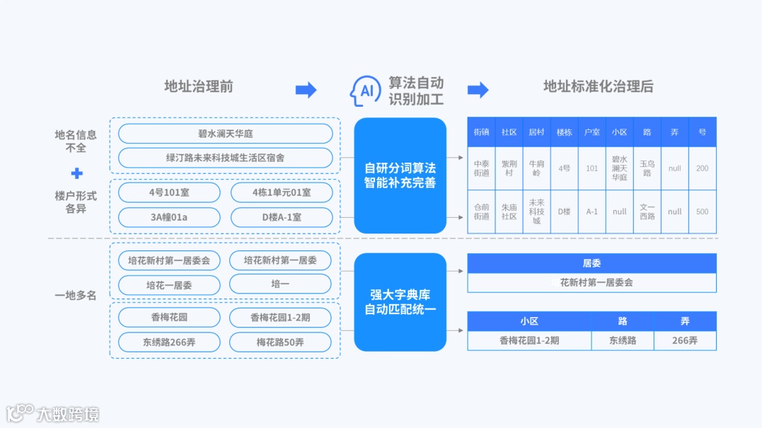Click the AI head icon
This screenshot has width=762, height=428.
pyautogui.click(x=366, y=91)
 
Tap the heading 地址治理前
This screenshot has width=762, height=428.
pyautogui.click(x=199, y=87)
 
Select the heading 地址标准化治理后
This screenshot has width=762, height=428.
pyautogui.click(x=598, y=87)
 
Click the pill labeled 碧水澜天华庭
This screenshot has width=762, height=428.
pyautogui.click(x=225, y=134)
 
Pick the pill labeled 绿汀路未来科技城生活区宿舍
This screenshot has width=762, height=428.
pyautogui.click(x=225, y=158)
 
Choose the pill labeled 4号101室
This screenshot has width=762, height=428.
pyautogui.click(x=169, y=192)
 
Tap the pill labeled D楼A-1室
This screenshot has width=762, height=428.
pyautogui.click(x=281, y=217)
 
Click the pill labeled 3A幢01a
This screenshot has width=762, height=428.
pyautogui.click(x=169, y=217)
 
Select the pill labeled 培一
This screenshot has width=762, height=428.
pyautogui.click(x=280, y=284)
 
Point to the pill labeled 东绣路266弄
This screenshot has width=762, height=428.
pyautogui.click(x=169, y=342)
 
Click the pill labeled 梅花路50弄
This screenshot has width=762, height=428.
pyautogui.click(x=280, y=342)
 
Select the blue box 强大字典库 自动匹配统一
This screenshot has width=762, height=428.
pyautogui.click(x=400, y=302)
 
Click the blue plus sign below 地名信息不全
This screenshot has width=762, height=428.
pyautogui.click(x=76, y=173)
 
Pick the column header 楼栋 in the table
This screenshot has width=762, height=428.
pyautogui.click(x=564, y=132)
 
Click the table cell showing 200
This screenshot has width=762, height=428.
pyautogui.click(x=702, y=168)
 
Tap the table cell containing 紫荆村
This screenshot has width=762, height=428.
pyautogui.click(x=509, y=168)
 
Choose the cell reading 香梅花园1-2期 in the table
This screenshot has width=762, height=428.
pyautogui.click(x=529, y=340)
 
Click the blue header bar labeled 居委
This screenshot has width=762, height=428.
pyautogui.click(x=591, y=263)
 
